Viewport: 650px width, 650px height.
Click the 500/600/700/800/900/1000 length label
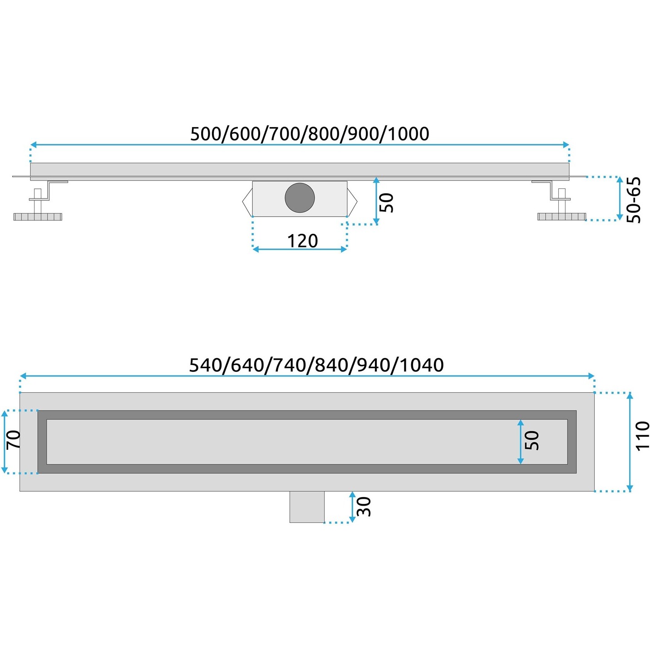[310, 134]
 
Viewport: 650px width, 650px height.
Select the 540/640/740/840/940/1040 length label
[316, 365]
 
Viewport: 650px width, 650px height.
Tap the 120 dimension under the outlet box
[303, 241]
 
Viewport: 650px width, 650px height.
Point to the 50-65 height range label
[633, 200]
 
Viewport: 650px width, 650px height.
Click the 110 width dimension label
[642, 435]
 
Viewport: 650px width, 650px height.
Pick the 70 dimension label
[14, 439]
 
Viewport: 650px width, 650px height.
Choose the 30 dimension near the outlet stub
[364, 507]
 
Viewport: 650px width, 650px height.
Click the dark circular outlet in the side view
[300, 197]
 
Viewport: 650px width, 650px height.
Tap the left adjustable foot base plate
[38, 217]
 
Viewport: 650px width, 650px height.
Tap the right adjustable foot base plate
[561, 216]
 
